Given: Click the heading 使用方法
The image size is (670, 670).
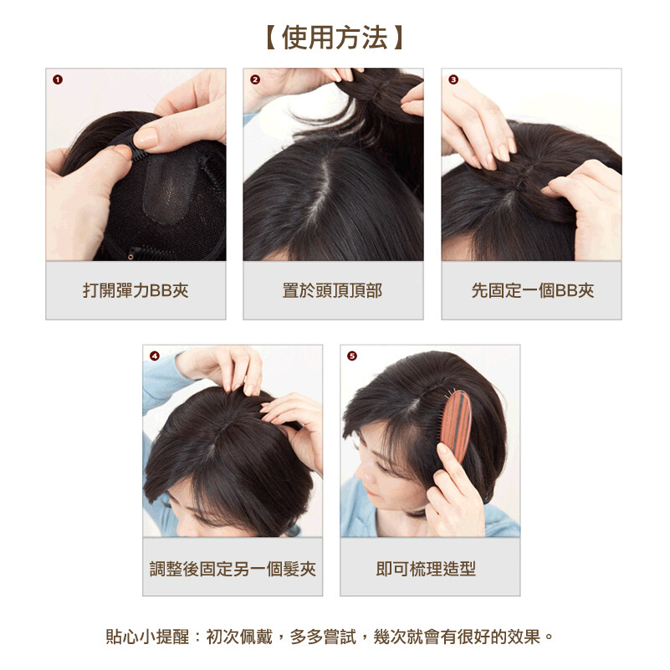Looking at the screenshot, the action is [x=335, y=38].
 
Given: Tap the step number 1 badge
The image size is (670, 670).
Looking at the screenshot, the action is [x=58, y=79].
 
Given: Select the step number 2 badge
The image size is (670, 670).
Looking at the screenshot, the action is [x=255, y=79].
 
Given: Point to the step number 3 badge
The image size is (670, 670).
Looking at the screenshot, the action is [x=453, y=79].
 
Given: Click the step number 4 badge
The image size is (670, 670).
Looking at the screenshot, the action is [x=155, y=356].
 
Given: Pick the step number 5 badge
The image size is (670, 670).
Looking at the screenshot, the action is [x=352, y=356].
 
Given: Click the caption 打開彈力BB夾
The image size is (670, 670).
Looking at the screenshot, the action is [x=136, y=290].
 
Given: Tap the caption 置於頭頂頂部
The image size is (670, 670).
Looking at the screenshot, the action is [x=332, y=290].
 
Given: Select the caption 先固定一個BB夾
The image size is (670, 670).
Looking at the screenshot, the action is [x=533, y=290].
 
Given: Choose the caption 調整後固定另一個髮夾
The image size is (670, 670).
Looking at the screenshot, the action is [x=233, y=569].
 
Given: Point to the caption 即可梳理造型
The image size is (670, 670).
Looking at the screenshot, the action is [x=426, y=569].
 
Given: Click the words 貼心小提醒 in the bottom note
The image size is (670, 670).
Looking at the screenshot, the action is [x=147, y=637].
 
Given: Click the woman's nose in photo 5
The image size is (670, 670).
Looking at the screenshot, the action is [x=362, y=473].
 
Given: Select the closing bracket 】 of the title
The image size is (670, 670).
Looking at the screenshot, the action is [x=397, y=38].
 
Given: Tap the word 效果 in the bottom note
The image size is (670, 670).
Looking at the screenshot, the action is [x=524, y=637].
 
